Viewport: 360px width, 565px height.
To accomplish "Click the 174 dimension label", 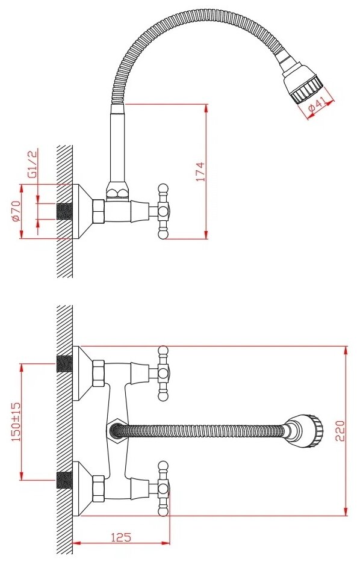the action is [x=200, y=171].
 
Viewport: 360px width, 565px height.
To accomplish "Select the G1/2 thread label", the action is [x=33, y=165].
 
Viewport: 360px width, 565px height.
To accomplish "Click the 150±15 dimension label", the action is [x=16, y=422].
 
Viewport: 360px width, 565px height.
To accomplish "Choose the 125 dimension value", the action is [x=121, y=537].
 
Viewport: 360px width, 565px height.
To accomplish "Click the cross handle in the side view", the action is [x=163, y=211].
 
